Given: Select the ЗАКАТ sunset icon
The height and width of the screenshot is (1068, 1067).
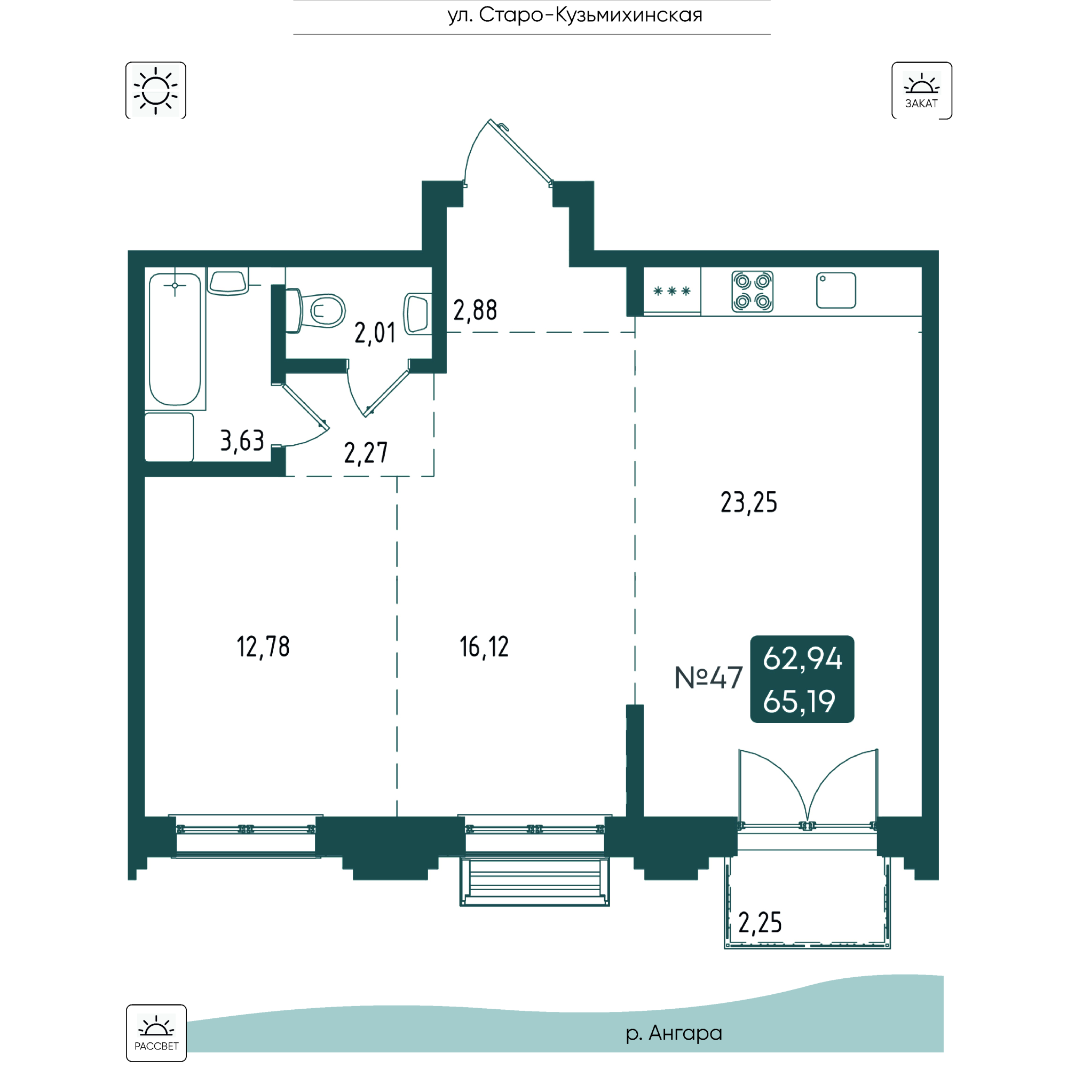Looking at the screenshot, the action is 921,90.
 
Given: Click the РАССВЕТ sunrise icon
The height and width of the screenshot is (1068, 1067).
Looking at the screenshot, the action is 156,1033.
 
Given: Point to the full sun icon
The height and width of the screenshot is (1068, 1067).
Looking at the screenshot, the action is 156,90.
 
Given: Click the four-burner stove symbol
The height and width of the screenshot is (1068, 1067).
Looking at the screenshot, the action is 752,292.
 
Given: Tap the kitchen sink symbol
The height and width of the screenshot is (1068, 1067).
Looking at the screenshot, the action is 835,290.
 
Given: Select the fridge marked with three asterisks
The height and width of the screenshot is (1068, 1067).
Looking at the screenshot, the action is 672,292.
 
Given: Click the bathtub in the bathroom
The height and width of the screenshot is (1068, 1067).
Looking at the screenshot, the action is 175,339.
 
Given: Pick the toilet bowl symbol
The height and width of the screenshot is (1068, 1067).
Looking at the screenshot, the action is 317,311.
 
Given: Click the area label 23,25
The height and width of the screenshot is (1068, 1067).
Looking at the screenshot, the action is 748,502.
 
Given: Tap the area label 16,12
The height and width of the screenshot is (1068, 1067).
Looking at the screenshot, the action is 484,647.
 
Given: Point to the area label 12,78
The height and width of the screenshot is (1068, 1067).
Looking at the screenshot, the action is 263,647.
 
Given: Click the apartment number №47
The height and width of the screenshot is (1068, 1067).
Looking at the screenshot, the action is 708,678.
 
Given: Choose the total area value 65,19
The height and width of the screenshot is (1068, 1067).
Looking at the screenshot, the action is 799,702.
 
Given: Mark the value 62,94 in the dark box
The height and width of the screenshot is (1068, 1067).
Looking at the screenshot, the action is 802,659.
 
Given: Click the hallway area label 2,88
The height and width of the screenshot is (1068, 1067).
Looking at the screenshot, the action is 475,311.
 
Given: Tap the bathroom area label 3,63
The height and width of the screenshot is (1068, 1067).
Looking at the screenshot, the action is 242,441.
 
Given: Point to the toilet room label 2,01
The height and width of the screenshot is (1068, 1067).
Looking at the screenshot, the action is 375,333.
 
